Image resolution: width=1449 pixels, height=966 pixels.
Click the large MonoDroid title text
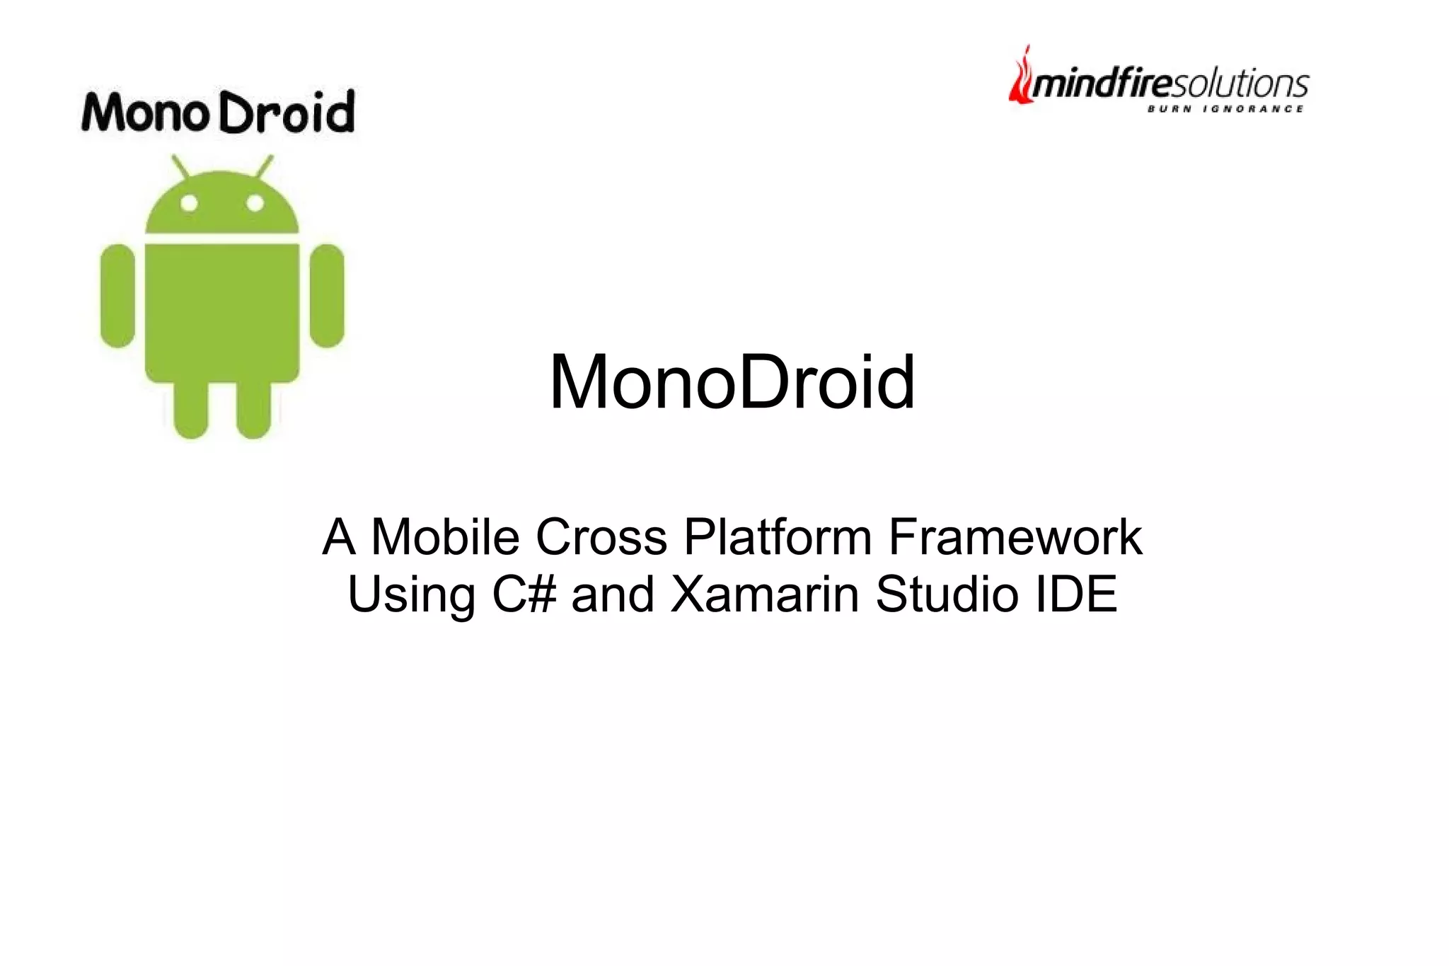pyautogui.click(x=732, y=382)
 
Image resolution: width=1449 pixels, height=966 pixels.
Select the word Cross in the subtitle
pyautogui.click(x=601, y=537)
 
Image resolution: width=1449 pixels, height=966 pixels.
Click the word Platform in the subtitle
pyautogui.click(x=778, y=537)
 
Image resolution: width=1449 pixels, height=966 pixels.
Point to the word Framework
pyautogui.click(x=1015, y=537)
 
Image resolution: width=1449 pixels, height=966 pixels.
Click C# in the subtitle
pyautogui.click(x=524, y=594)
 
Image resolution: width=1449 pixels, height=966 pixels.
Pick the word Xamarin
pyautogui.click(x=764, y=594)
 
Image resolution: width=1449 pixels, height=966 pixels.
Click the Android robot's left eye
pyautogui.click(x=189, y=204)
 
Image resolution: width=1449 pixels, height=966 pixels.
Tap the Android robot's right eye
pyautogui.click(x=255, y=204)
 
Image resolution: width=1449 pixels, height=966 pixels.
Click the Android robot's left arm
pyautogui.click(x=117, y=296)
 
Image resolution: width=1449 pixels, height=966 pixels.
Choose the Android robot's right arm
pyautogui.click(x=327, y=296)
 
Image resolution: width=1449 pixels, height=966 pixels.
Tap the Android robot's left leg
pyautogui.click(x=190, y=410)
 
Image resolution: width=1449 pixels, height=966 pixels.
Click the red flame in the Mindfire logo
pyautogui.click(x=1020, y=78)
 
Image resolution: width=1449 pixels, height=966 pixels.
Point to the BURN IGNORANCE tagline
pyautogui.click(x=1225, y=109)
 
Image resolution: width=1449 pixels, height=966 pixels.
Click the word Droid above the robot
pyautogui.click(x=287, y=113)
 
